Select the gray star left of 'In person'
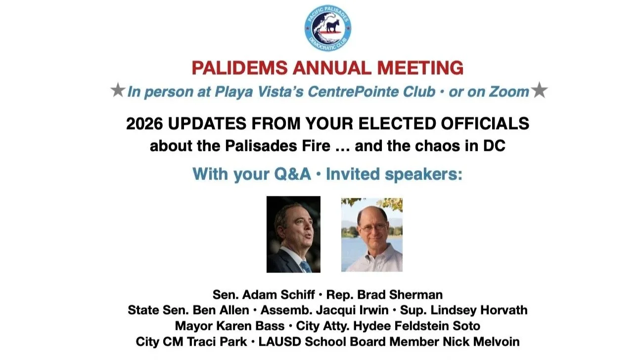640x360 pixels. point(117,91)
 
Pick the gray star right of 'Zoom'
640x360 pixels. point(540,91)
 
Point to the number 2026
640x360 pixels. point(145,124)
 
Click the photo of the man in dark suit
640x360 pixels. point(293,234)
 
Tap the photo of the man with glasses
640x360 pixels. point(371,234)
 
